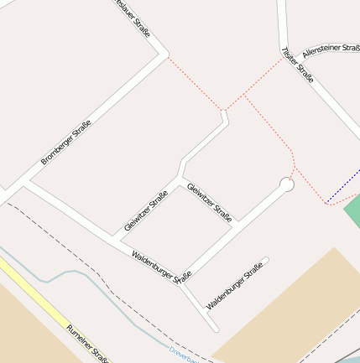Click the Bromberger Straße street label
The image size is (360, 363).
65,142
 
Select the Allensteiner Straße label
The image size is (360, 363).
331,49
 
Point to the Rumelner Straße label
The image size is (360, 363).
88,344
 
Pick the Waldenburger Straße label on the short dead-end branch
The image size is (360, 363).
235,286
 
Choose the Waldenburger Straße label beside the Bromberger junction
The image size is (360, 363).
162,267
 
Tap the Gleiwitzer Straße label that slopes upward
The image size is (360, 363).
146,210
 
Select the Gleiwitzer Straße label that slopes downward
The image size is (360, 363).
209,198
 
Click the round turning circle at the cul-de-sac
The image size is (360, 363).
287,184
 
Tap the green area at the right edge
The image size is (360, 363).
353,209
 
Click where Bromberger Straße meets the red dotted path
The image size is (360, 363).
166,55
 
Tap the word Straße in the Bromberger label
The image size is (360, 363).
80,128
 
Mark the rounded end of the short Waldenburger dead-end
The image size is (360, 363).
265,261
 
